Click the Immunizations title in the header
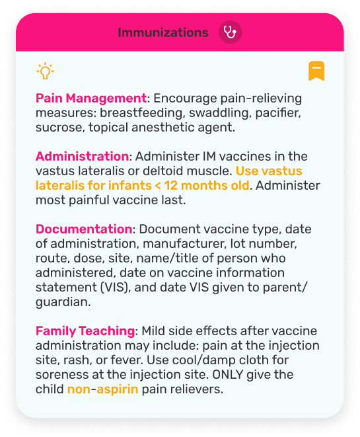pyautogui.click(x=162, y=32)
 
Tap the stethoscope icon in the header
pyautogui.click(x=230, y=32)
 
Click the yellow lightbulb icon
pyautogui.click(x=44, y=71)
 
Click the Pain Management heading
pyautogui.click(x=90, y=99)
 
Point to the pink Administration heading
pyautogui.click(x=82, y=157)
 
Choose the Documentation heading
pyautogui.click(x=84, y=229)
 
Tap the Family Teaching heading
pyautogui.click(x=85, y=331)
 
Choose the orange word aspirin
pyautogui.click(x=118, y=389)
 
